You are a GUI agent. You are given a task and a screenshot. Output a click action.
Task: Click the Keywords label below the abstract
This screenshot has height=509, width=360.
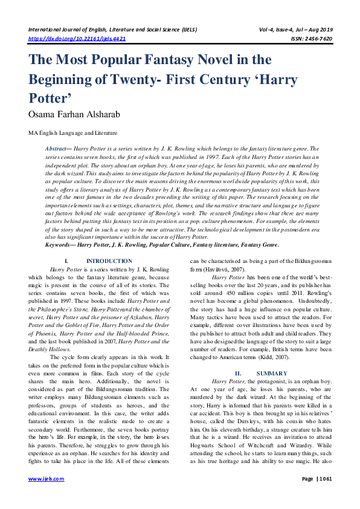coord(62,245)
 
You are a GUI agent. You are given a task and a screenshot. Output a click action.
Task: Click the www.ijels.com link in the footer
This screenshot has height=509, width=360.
coord(47,478)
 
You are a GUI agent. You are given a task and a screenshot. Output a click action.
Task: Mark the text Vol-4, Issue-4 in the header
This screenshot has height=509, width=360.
coord(283,28)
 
